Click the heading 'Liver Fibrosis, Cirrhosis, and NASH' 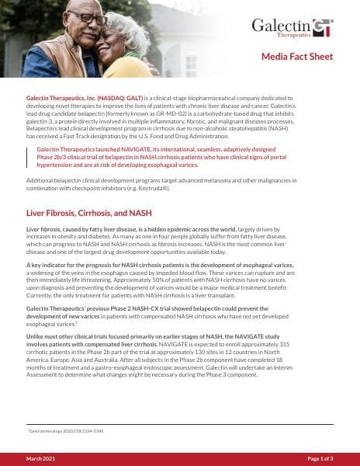tap(89, 212)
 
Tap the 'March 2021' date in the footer tap(40, 459)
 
